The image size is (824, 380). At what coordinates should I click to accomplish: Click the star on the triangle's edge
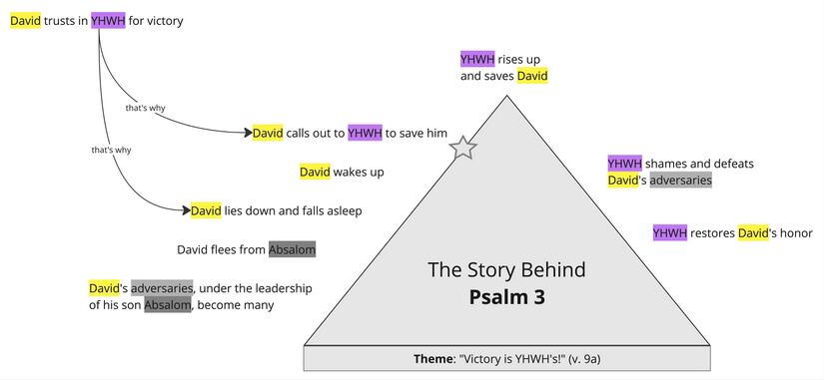[x=462, y=149]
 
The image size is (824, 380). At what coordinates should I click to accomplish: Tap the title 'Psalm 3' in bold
[x=506, y=296]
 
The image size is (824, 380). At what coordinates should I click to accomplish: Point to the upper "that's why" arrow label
[x=145, y=108]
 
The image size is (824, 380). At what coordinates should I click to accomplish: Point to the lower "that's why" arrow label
[x=111, y=151]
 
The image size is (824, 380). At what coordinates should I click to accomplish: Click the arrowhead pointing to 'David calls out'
[x=245, y=133]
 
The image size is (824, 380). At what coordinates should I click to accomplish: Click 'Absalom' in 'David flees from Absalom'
[x=292, y=249]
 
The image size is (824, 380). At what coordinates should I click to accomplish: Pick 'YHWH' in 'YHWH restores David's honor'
[x=668, y=233]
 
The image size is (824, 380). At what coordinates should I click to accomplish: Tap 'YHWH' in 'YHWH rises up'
[x=476, y=59]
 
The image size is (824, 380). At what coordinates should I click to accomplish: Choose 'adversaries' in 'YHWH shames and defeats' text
[x=680, y=181]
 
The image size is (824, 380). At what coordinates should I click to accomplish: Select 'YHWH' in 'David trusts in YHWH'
[x=108, y=20]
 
